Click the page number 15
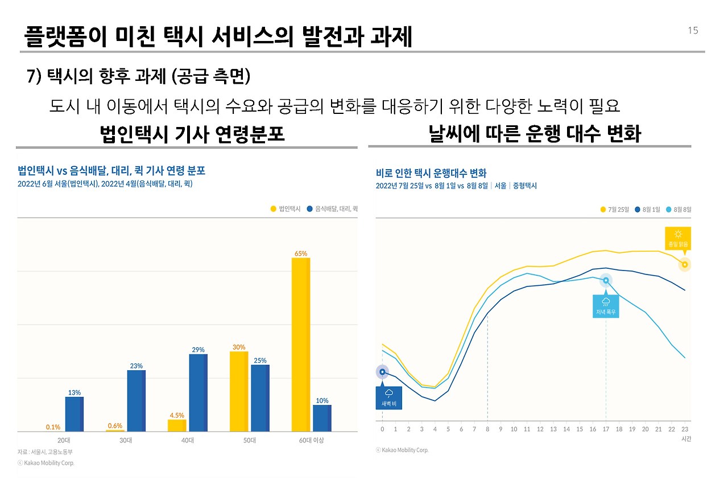pyautogui.click(x=693, y=31)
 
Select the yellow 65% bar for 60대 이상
pyautogui.click(x=301, y=344)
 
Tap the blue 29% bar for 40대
pyautogui.click(x=198, y=392)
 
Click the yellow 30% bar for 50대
pyautogui.click(x=239, y=391)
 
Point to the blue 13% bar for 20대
pyautogui.click(x=74, y=414)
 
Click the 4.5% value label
pyautogui.click(x=177, y=415)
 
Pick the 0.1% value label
pyautogui.click(x=53, y=427)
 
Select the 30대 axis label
pyautogui.click(x=126, y=441)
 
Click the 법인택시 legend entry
pyautogui.click(x=286, y=209)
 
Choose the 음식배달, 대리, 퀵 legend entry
pyautogui.click(x=332, y=209)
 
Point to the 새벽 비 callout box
pyautogui.click(x=389, y=398)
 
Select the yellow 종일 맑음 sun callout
pyautogui.click(x=678, y=238)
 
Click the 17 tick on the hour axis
pyautogui.click(x=606, y=429)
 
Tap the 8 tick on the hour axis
pyautogui.click(x=487, y=429)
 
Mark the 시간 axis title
pyautogui.click(x=685, y=439)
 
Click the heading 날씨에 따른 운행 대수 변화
pyautogui.click(x=535, y=134)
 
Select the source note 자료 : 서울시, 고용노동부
pyautogui.click(x=45, y=452)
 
